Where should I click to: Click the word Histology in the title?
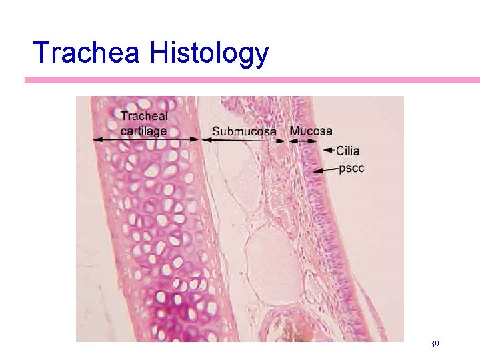209,53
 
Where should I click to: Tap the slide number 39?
434,344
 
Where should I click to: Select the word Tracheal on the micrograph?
144,116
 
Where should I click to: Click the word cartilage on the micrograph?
143,130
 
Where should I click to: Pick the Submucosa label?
244,131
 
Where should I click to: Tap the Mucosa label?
311,130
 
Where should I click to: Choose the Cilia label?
348,151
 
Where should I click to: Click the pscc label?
351,169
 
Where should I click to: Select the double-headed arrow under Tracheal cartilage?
147,139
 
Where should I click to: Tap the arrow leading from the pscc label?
325,171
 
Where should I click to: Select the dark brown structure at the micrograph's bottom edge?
288,331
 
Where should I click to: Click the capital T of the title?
41,53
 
